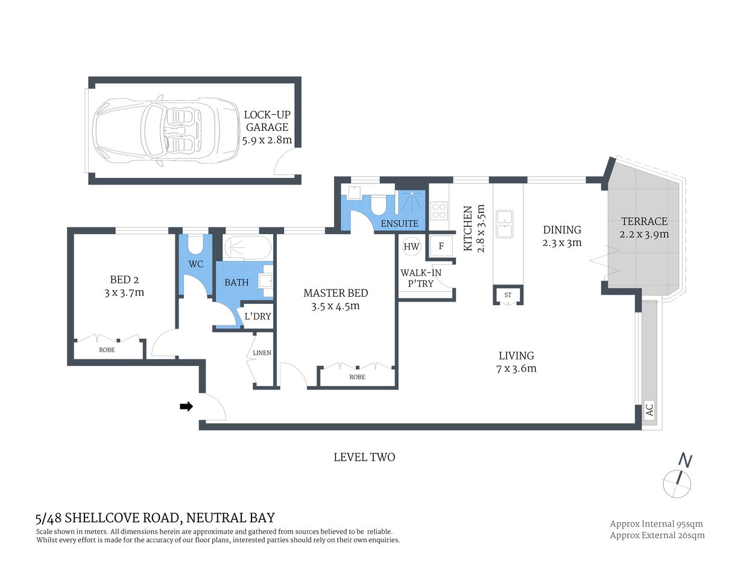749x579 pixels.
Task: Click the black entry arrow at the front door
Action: [x=186, y=407]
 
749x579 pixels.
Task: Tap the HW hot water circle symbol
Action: [x=411, y=246]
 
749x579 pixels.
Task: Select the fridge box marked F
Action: [x=441, y=246]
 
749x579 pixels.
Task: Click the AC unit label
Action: [x=649, y=410]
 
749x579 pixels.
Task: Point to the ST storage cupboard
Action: [x=508, y=295]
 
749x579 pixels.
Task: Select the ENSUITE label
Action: [x=399, y=223]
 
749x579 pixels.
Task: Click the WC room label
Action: [x=195, y=264]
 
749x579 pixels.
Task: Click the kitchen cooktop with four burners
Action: [x=438, y=210]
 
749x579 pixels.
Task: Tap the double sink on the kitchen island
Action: [x=504, y=224]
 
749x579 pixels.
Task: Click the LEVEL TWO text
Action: [x=364, y=457]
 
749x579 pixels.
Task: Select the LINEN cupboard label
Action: [x=262, y=353]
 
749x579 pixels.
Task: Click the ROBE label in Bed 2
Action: [x=107, y=350]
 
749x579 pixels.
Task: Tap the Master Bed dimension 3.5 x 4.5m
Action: [x=335, y=306]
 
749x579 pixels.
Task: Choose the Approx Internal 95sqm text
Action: [x=656, y=524]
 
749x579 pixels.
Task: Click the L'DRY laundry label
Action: [x=258, y=316]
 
